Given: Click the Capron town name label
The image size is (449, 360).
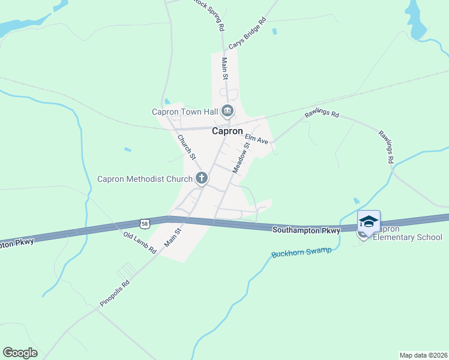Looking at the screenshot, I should point(228,131).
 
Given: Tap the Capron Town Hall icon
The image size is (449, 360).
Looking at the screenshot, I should point(228,110).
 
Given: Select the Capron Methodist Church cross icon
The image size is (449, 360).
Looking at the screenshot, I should point(202,178).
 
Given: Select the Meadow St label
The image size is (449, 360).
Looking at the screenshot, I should point(241,158).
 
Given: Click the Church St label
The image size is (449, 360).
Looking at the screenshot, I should point(186,146).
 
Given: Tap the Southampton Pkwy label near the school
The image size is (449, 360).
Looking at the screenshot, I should point(306,230).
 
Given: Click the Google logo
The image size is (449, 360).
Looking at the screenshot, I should point(20,353).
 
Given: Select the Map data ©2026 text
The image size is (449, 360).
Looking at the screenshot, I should point(423,355).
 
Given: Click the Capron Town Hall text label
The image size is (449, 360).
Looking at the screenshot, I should point(184,111).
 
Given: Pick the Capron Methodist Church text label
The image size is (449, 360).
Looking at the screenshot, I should point(145,179).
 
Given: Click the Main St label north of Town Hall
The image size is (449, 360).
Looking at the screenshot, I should point(225,68).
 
